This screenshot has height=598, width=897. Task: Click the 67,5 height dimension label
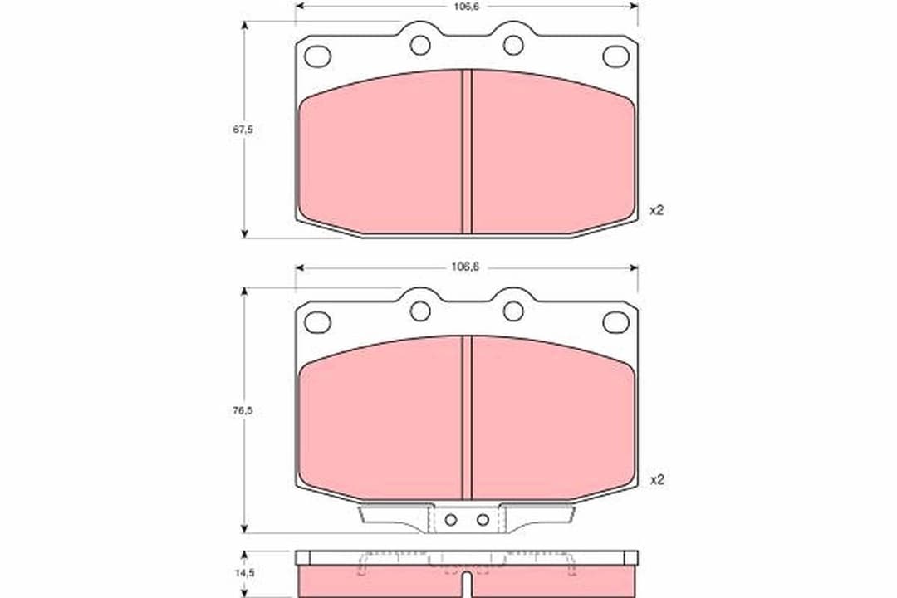point(243,130)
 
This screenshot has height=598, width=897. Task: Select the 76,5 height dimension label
point(243,410)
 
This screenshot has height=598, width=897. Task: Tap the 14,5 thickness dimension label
point(243,572)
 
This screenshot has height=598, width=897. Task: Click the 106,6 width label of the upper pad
point(466,6)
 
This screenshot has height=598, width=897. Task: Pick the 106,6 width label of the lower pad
point(466,267)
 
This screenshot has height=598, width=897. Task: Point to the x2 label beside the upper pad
point(656,210)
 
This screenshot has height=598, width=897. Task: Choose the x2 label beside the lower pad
point(656,479)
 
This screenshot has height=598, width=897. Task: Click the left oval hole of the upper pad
point(317,56)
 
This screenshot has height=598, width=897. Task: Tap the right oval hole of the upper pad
point(615,56)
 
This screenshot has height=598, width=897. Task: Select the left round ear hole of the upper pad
point(420,45)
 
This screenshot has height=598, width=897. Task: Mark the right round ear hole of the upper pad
point(513,45)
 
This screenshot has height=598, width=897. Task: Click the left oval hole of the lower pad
point(317,322)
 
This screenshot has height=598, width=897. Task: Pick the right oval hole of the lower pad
point(615,322)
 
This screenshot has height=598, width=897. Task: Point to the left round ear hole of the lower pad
point(420,311)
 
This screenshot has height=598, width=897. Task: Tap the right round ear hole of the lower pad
point(513,311)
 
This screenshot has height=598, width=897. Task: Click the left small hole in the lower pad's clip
point(450,520)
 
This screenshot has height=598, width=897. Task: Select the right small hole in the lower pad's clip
point(483,520)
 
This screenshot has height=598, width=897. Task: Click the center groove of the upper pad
point(467,151)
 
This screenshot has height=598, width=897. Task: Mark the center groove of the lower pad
point(467,417)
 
